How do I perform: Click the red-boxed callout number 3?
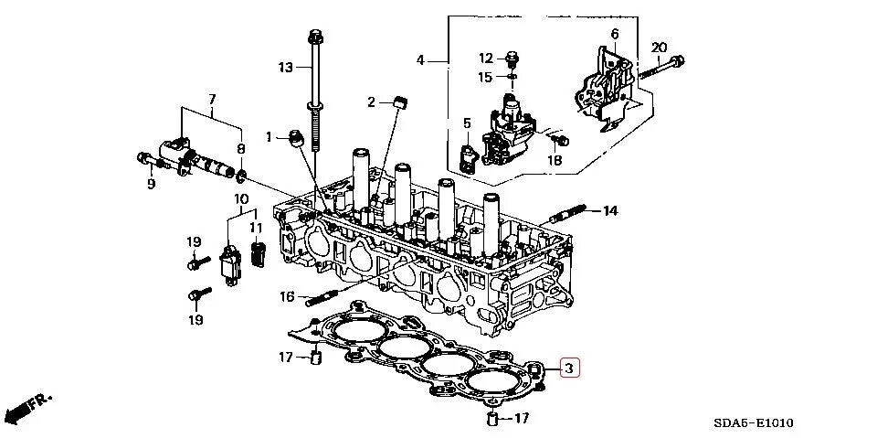(568, 369)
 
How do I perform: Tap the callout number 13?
(286, 67)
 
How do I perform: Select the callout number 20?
(659, 48)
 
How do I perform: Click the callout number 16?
(286, 296)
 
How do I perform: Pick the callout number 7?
(211, 99)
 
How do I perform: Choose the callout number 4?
(420, 60)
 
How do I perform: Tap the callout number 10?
(241, 199)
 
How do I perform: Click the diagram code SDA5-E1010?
(754, 422)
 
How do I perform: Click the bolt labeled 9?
(145, 159)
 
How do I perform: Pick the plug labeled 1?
(295, 137)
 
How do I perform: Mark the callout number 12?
(485, 59)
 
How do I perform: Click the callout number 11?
(257, 228)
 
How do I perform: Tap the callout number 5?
(466, 123)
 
